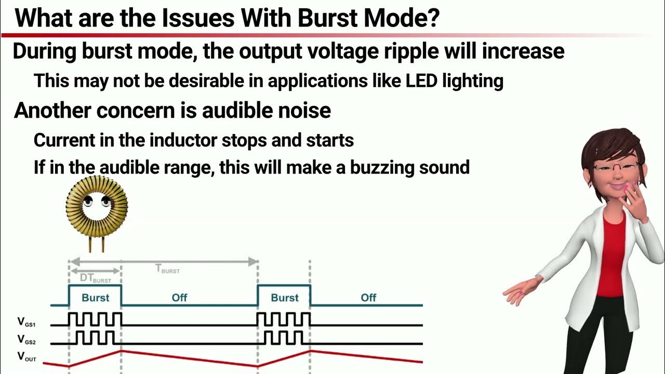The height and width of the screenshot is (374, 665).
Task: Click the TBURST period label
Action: [168, 269]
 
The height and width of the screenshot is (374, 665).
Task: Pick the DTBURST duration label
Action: [95, 278]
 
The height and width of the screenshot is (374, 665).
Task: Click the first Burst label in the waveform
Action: [96, 298]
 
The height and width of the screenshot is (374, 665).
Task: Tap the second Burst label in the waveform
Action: [285, 298]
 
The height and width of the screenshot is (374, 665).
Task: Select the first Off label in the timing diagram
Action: [179, 298]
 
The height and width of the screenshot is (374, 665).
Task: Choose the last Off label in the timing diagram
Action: [368, 298]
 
